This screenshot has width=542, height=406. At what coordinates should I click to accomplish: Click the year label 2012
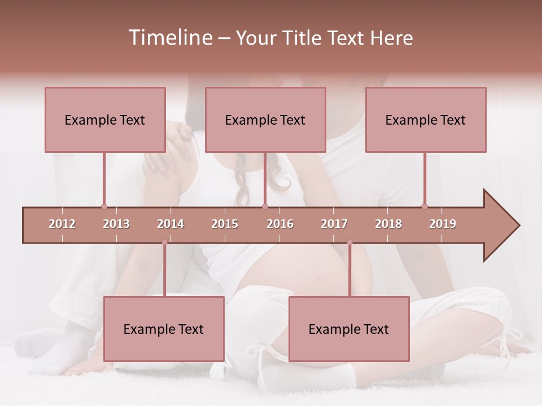(62, 224)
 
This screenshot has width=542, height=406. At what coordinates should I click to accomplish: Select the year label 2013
(116, 224)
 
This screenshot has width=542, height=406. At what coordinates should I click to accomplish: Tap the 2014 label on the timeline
(171, 224)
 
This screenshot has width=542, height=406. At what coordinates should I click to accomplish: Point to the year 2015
(225, 224)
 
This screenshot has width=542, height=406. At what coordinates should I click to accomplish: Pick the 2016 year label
(280, 224)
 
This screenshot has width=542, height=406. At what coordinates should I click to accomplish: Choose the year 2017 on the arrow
(334, 224)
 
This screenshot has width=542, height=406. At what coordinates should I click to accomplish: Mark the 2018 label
(388, 224)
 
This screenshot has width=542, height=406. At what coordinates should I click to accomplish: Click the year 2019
(443, 224)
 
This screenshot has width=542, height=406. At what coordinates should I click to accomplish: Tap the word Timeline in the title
(169, 38)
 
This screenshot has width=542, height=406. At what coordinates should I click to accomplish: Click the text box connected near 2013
(105, 120)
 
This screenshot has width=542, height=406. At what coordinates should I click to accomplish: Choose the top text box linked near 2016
(265, 120)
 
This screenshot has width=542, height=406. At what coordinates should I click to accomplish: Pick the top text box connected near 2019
(426, 120)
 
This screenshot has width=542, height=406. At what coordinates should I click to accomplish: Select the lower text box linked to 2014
(164, 329)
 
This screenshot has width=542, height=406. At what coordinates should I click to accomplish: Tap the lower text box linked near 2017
(349, 329)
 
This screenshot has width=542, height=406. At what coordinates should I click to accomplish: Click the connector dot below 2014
(164, 242)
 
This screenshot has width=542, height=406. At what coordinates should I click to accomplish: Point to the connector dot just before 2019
(425, 206)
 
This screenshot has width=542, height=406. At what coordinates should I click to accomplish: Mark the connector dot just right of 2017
(349, 242)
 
